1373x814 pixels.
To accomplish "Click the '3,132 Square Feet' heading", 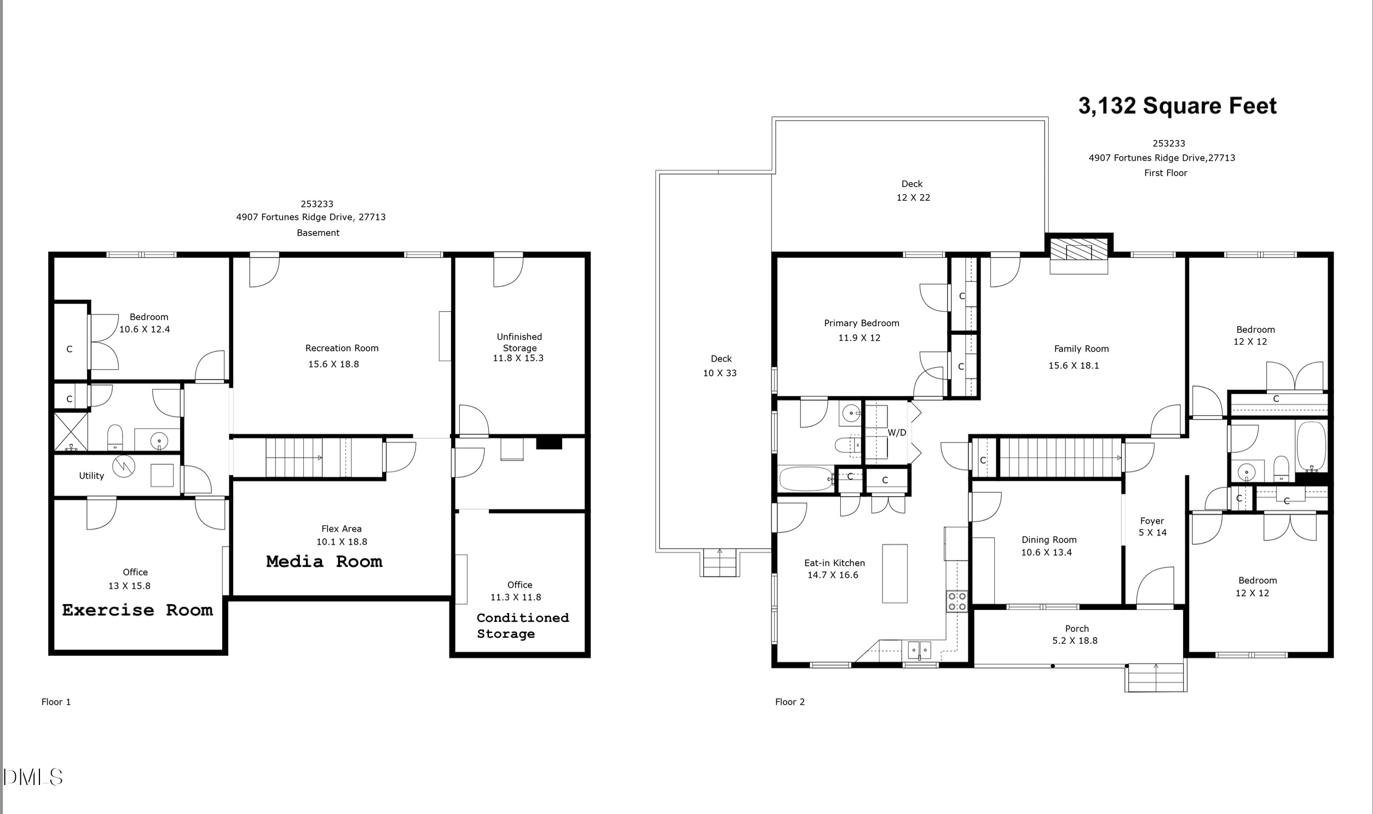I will coord(1177,106).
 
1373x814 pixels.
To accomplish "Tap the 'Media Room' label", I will coord(324,562).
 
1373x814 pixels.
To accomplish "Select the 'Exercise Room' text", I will coord(137,610).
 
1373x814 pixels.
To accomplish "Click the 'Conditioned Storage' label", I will coord(522,625).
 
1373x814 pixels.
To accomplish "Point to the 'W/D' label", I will coord(897,433).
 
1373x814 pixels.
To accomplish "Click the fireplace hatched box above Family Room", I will coord(1078,253).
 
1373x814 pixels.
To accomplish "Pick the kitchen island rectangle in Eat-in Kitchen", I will coord(895,574).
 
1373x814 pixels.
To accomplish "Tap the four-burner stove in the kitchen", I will coord(957,601).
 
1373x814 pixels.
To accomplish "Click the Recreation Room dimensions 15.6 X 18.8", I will coord(333,364).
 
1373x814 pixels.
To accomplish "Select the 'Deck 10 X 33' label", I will coord(720,366).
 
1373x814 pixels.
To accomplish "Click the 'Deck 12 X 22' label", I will coord(913,190).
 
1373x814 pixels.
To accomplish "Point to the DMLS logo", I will coord(33,777).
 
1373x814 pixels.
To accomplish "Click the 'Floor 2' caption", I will coord(789,701).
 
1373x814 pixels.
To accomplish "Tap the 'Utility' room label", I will coord(91,475).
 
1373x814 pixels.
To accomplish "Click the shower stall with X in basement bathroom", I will coord(71,432).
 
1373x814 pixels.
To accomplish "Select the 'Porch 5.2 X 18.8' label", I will coord(1076,635).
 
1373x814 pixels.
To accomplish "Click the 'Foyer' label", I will coord(1152,521).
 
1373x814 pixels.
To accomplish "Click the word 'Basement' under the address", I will coord(318,232).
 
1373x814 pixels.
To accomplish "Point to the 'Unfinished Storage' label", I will coord(519,342).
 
